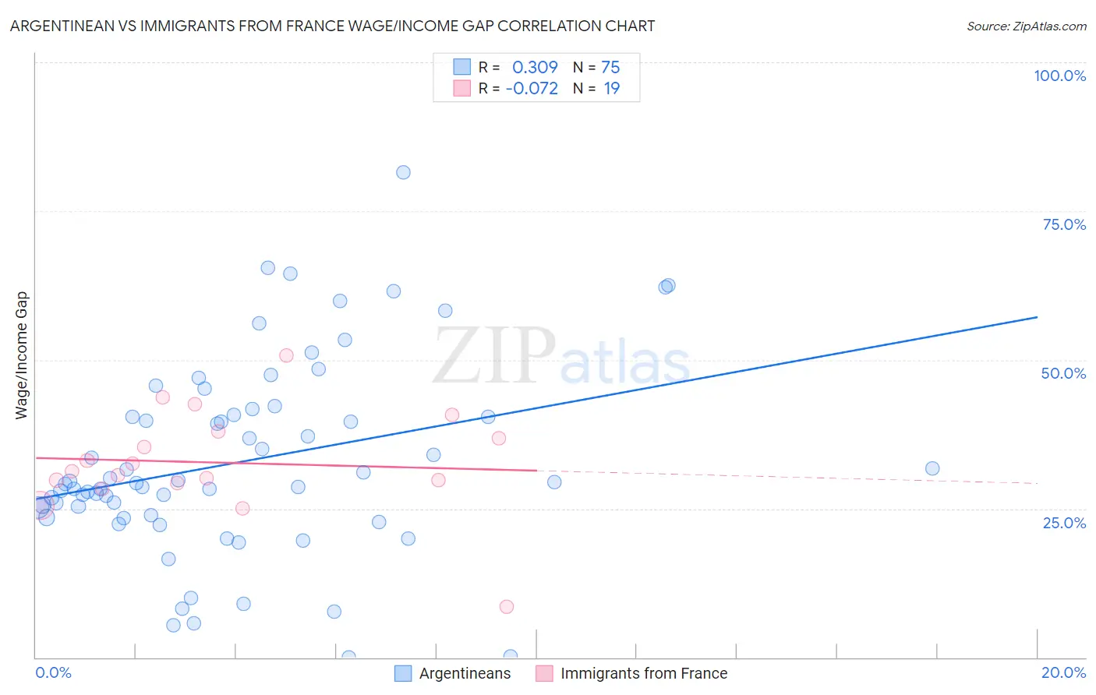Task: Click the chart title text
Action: point(332,26)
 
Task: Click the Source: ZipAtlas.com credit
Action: point(1026,26)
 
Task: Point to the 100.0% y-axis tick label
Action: point(1059,76)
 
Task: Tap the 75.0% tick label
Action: point(1064,224)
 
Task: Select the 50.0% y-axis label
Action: point(1063,373)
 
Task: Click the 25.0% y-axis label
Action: point(1064,522)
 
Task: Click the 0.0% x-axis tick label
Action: point(53,672)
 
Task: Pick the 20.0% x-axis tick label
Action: point(1063,672)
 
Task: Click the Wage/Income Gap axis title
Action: point(22,355)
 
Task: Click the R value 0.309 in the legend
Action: point(535,68)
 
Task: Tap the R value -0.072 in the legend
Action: point(532,89)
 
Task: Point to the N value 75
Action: point(610,68)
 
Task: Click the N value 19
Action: point(612,89)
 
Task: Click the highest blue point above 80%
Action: point(403,172)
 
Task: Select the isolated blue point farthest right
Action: point(932,468)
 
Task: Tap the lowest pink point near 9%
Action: point(507,606)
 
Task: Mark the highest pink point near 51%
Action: point(286,355)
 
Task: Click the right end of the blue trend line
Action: point(1037,317)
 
